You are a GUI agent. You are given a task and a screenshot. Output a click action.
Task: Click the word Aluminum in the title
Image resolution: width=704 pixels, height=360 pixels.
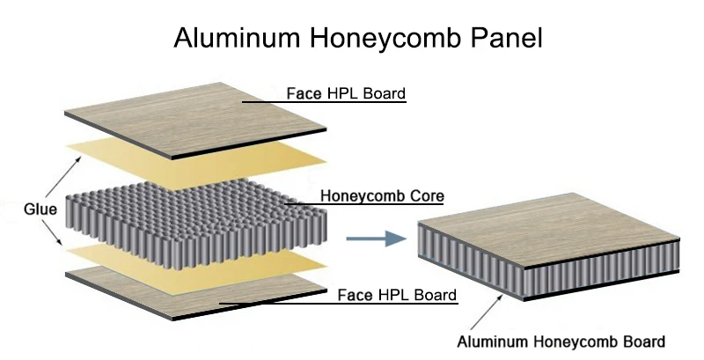point(231,38)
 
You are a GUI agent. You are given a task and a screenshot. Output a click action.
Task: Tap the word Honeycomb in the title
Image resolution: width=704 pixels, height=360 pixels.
point(380,38)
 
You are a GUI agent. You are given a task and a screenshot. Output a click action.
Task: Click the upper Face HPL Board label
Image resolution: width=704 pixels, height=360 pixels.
point(347,93)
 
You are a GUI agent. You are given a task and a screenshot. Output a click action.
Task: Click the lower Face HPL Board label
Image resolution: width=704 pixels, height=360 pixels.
point(398,295)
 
